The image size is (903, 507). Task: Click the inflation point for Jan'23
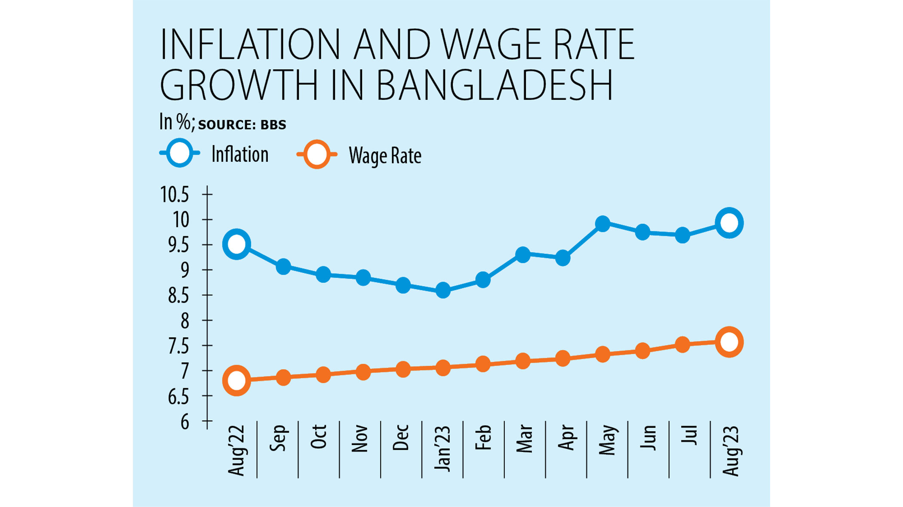pos(443,291)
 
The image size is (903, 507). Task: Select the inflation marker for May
pos(603,223)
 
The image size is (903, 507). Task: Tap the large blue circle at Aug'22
pos(236,244)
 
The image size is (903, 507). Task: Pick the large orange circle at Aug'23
pos(729,342)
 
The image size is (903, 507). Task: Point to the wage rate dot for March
pos(523,361)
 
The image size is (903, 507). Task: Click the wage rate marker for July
pos(682,344)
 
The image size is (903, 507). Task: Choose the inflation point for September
pos(283,266)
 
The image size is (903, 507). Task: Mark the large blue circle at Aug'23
pos(729,223)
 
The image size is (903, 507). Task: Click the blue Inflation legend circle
pos(179,153)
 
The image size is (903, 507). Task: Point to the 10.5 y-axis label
pos(175,195)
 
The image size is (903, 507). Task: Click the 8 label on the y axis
pos(184,321)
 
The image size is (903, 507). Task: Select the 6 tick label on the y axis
pos(184,422)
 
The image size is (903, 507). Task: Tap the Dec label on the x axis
pos(401,438)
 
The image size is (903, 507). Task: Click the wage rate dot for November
pos(363,372)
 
